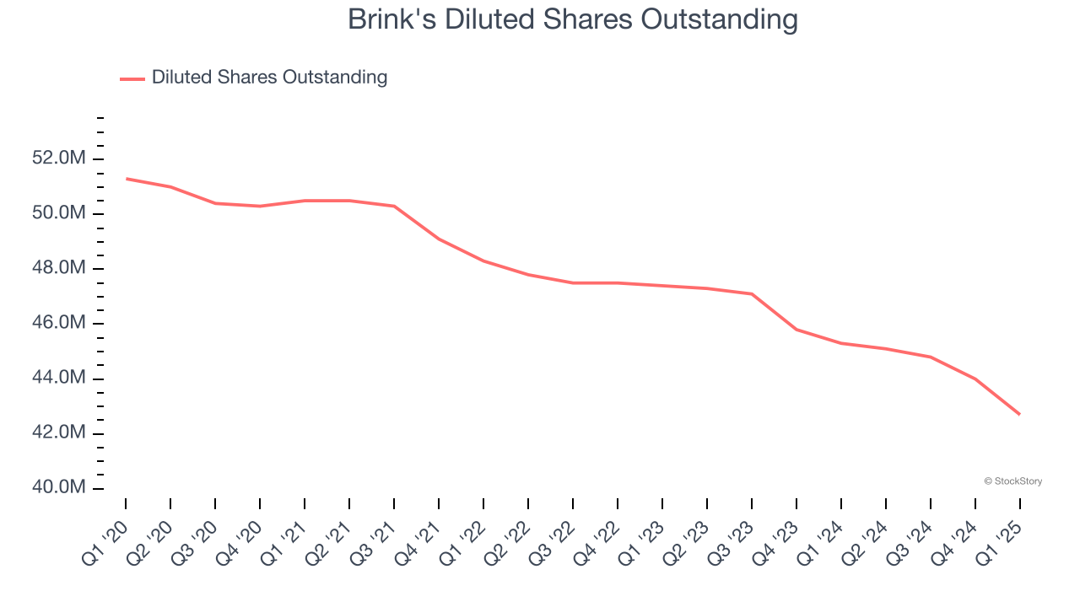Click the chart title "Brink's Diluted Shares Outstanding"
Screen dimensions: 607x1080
572,19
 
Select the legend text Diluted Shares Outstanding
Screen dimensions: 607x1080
269,78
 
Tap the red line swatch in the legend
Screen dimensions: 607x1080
132,78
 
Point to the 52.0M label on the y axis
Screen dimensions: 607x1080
60,158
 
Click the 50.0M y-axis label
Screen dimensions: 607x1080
60,213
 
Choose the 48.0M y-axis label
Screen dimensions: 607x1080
60,268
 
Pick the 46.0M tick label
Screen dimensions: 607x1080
60,323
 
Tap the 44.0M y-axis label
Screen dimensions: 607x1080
60,378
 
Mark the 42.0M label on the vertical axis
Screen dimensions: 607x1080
60,432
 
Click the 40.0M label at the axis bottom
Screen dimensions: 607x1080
60,487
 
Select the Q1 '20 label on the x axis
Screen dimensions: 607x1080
105,536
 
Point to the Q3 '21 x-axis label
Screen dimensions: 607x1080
373,536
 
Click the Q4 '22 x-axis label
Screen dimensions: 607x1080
597,536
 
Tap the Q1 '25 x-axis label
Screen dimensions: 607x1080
999,536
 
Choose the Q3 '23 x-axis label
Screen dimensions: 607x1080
731,536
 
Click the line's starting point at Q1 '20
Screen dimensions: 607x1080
126,179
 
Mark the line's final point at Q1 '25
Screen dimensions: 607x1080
1020,414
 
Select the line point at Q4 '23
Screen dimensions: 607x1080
796,329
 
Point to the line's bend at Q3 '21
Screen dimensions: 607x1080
394,206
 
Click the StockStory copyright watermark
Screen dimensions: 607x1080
1012,481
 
